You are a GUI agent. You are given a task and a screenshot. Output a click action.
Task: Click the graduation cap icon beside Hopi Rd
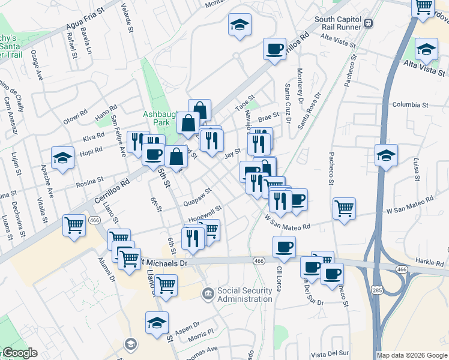tap(62, 158)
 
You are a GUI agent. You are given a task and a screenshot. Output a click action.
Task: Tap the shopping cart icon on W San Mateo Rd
tap(345, 209)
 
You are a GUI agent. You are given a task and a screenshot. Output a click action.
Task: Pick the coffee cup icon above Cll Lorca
tap(284, 246)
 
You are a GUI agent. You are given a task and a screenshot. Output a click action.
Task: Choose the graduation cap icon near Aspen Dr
tap(157, 322)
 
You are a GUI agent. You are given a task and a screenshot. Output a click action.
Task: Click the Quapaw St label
tap(199, 197)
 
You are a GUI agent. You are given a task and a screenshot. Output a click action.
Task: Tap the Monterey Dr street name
tap(300, 84)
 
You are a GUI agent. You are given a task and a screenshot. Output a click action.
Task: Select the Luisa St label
tap(415, 170)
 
